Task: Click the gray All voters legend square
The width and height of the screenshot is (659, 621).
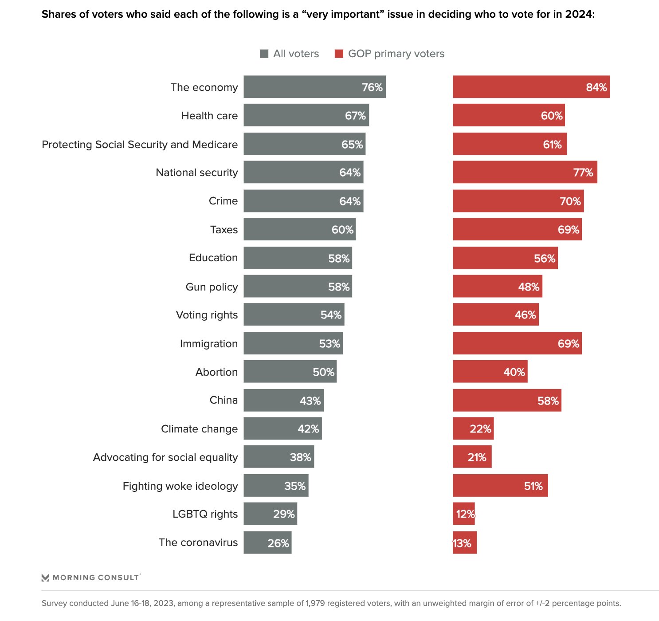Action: (x=264, y=54)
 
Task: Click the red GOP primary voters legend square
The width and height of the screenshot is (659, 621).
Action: (x=339, y=54)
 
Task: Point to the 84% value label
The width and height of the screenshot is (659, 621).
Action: (x=596, y=87)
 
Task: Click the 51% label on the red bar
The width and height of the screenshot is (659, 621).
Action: (x=533, y=486)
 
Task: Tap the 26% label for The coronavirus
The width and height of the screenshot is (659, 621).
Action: (x=278, y=543)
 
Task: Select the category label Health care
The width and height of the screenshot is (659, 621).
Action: (x=209, y=116)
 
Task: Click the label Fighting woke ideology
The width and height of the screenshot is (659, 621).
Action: (x=180, y=486)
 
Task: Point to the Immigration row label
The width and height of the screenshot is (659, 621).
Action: (x=208, y=344)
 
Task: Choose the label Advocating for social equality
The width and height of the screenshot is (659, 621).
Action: (x=165, y=457)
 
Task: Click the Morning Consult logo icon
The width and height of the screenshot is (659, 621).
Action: (x=45, y=578)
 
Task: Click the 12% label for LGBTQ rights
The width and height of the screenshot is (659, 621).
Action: (x=465, y=514)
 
